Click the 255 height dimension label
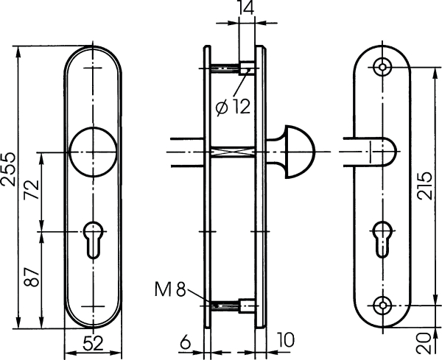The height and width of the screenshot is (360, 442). (x=8, y=169)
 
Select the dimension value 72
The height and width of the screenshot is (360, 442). (x=32, y=189)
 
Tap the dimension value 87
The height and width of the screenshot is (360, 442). (x=32, y=277)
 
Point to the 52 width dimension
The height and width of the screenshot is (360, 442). (x=94, y=344)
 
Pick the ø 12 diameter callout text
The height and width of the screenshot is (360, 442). (x=233, y=107)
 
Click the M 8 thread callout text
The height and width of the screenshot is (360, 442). (x=170, y=289)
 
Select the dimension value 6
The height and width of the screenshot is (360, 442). (x=185, y=343)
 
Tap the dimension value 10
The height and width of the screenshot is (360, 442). (x=285, y=339)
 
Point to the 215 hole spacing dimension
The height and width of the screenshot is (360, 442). (x=424, y=186)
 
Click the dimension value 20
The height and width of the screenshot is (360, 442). (x=424, y=343)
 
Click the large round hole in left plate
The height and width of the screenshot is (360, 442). (x=94, y=152)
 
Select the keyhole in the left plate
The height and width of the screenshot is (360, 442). (x=94, y=240)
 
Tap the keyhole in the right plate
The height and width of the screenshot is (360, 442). (x=382, y=240)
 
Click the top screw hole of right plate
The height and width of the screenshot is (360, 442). (x=382, y=67)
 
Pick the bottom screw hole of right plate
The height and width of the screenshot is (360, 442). (x=382, y=306)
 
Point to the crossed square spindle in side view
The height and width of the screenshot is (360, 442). (x=232, y=152)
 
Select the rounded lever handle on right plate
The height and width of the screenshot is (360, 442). (x=370, y=152)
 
